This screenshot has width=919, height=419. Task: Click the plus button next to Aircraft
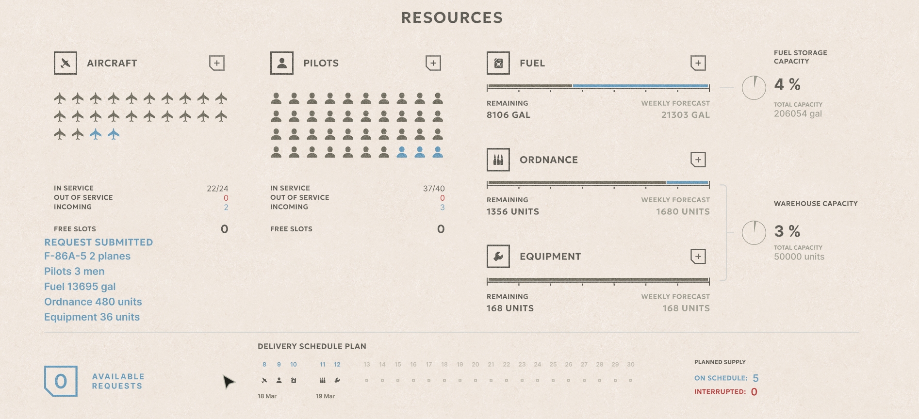(x=217, y=63)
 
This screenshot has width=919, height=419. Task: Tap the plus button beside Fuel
(x=698, y=63)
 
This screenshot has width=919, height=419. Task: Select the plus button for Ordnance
(x=698, y=160)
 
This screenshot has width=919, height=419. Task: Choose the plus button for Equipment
(x=698, y=257)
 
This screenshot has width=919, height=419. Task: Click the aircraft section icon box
(x=66, y=63)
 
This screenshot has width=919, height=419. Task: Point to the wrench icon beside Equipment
(x=498, y=257)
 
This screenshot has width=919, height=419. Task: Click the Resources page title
(x=452, y=18)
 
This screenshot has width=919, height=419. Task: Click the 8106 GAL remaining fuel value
(x=509, y=115)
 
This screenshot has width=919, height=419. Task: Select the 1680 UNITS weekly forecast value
(x=683, y=211)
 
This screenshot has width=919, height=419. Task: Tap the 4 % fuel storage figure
(x=787, y=84)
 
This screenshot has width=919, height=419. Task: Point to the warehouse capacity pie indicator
(x=754, y=233)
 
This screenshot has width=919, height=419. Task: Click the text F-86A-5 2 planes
(x=87, y=256)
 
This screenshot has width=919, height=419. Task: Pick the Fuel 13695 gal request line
(x=80, y=287)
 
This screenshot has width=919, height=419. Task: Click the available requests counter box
(x=61, y=381)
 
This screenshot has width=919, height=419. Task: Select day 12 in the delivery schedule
(x=337, y=365)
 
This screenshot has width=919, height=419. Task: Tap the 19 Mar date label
(x=325, y=396)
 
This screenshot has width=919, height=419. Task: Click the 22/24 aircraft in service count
(x=217, y=188)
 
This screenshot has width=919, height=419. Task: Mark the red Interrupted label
(x=720, y=392)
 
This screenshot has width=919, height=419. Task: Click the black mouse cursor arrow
(x=228, y=382)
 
